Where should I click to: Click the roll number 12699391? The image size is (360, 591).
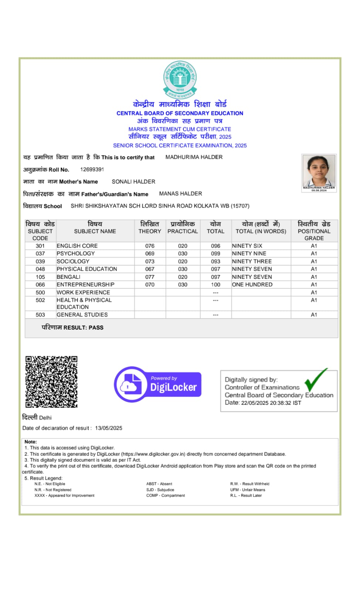click(x=92, y=170)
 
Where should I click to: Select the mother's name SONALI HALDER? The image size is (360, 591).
click(x=133, y=182)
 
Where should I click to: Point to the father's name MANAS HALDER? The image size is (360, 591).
click(x=180, y=194)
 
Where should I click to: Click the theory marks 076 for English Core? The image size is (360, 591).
click(x=150, y=246)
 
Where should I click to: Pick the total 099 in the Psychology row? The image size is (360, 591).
click(x=215, y=254)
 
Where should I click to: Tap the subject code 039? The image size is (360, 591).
click(x=40, y=262)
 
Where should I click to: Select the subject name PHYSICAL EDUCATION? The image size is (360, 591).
click(x=87, y=269)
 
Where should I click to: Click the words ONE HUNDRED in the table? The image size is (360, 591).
click(x=252, y=285)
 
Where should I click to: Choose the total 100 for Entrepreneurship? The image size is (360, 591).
click(x=215, y=285)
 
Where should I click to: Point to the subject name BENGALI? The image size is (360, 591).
click(x=68, y=277)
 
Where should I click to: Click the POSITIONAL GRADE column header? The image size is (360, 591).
click(x=314, y=231)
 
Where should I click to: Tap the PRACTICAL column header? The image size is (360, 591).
click(x=183, y=231)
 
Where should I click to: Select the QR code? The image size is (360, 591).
click(x=51, y=382)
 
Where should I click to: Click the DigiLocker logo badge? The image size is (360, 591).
click(x=158, y=385)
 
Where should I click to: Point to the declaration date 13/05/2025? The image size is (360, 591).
click(x=109, y=428)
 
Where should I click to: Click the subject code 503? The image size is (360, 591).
click(x=40, y=315)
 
